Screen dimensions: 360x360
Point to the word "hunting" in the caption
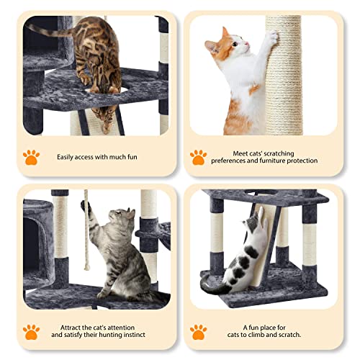coord(119,335)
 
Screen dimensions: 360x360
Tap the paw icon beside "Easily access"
coord(31,156)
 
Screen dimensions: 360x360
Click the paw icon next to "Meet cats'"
coord(199,156)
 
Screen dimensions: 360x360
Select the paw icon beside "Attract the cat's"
coord(31,331)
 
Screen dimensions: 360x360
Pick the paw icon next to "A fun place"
coord(199,331)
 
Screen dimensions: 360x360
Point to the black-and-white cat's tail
coord(210,285)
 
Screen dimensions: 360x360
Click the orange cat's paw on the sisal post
coord(273,37)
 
